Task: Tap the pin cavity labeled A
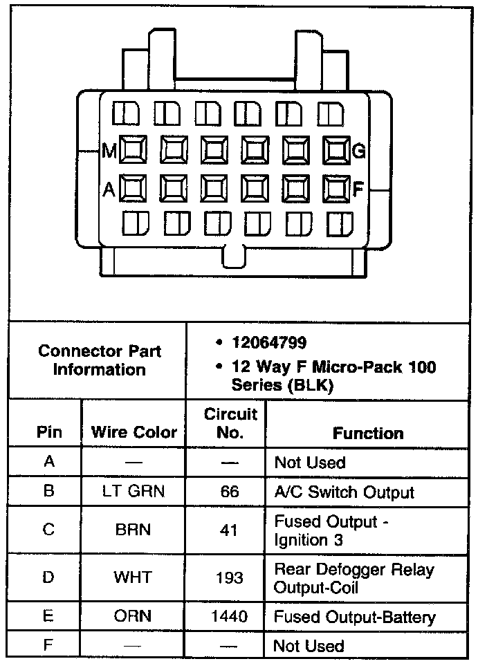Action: pyautogui.click(x=132, y=188)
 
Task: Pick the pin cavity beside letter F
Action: pyautogui.click(x=337, y=188)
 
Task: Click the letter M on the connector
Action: pyautogui.click(x=109, y=150)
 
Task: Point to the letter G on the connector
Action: pyautogui.click(x=359, y=150)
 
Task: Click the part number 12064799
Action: pyautogui.click(x=269, y=342)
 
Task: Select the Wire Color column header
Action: pyautogui.click(x=134, y=433)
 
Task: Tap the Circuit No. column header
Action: pyautogui.click(x=230, y=423)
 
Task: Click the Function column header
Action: pyautogui.click(x=367, y=433)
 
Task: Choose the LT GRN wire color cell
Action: pyautogui.click(x=134, y=492)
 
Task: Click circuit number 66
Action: pyautogui.click(x=230, y=492)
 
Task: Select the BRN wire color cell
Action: pyautogui.click(x=134, y=530)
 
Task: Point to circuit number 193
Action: pyautogui.click(x=230, y=577)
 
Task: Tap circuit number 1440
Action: pyautogui.click(x=230, y=617)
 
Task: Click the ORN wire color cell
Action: pyautogui.click(x=134, y=617)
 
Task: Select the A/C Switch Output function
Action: pyautogui.click(x=344, y=492)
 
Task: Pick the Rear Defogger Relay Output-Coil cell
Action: pyautogui.click(x=354, y=578)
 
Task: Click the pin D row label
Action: pyautogui.click(x=48, y=577)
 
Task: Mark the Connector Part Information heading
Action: pyautogui.click(x=99, y=360)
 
